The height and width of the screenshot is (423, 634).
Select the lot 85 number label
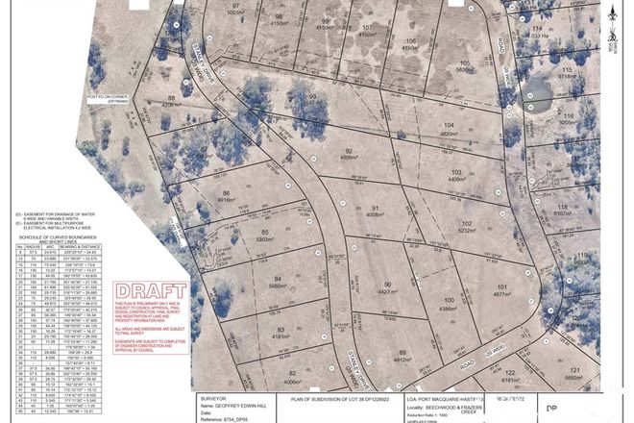(x=263, y=232)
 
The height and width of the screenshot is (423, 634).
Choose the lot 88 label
(x=172, y=98)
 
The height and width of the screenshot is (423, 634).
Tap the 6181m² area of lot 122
(x=509, y=380)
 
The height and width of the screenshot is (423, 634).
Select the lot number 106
(x=409, y=40)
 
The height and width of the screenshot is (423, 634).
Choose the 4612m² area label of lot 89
(x=402, y=360)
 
